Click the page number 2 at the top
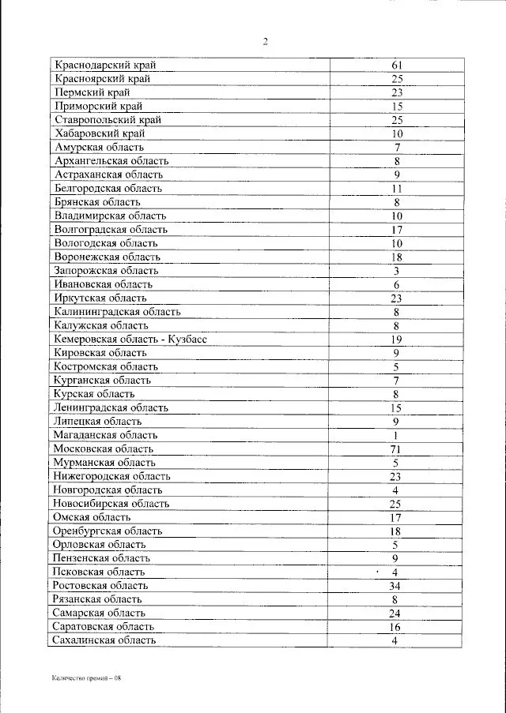pos(266,42)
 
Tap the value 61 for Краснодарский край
pos(397,65)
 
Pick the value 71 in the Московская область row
pos(396,448)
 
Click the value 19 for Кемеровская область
pos(396,339)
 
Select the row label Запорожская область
pos(107,270)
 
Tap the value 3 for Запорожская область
pos(396,270)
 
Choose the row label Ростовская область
pos(100,586)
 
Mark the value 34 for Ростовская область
pos(396,586)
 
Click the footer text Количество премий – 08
pos(86,677)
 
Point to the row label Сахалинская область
pos(104,640)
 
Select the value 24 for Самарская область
pos(396,614)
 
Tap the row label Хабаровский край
pos(100,133)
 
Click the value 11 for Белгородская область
pos(397,189)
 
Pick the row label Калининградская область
pos(118,312)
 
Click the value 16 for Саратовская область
pos(396,627)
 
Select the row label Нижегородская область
pos(111,476)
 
